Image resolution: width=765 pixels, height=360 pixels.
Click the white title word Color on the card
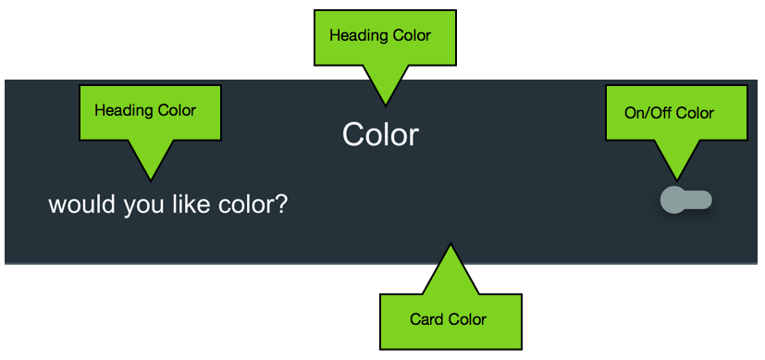tap(380, 134)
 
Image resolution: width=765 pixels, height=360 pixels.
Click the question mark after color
tap(280, 204)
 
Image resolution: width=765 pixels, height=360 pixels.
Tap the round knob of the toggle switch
tap(672, 200)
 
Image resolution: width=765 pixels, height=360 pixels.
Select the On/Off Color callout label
tap(669, 113)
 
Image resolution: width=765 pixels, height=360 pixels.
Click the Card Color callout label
tap(448, 319)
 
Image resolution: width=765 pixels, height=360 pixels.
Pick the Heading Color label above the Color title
tap(380, 35)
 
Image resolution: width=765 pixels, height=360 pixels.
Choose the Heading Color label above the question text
tap(145, 110)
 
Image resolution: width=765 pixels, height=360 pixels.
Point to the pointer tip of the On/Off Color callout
tap(677, 180)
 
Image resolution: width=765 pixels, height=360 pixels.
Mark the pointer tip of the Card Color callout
tap(450, 243)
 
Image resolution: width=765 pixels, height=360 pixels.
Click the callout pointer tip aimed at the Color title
tap(386, 106)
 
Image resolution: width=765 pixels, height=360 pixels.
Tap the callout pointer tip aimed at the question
tap(151, 180)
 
